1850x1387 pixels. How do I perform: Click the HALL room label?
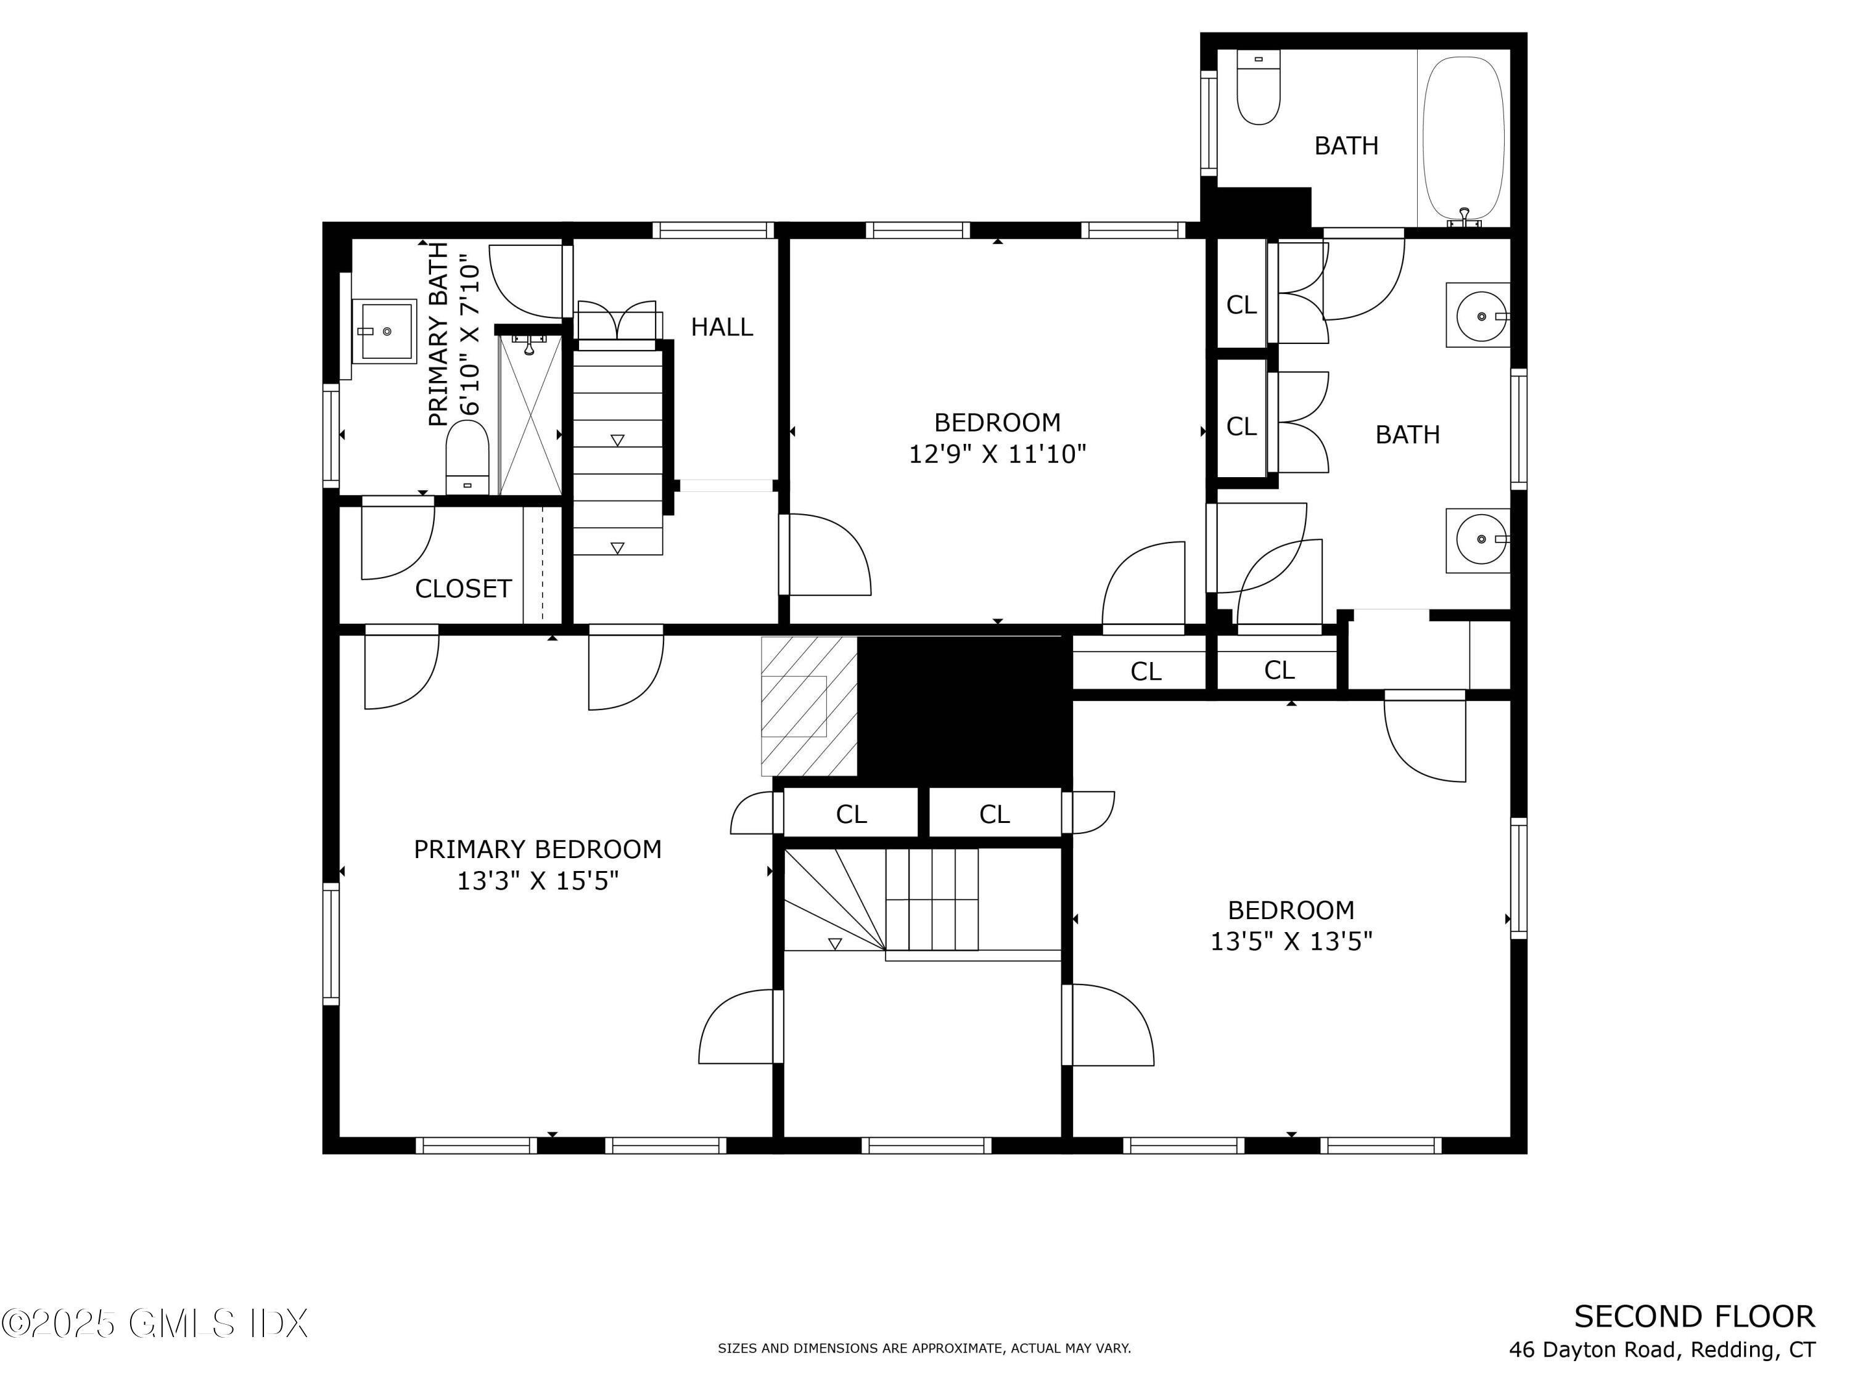point(721,327)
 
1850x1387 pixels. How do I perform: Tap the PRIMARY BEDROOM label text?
point(538,849)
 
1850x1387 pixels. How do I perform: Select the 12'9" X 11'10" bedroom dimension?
point(998,454)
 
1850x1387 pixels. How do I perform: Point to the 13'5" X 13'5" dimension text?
point(1291,941)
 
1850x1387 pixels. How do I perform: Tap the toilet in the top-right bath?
point(1258,87)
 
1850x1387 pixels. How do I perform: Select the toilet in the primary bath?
point(467,457)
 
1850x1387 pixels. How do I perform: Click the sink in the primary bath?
point(384,331)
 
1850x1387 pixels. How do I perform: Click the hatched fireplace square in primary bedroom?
point(808,706)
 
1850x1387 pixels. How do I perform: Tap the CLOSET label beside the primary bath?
point(463,589)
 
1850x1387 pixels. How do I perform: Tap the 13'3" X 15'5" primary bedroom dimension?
point(538,881)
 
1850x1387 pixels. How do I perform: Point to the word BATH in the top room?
point(1347,145)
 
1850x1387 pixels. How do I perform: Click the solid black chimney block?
point(965,711)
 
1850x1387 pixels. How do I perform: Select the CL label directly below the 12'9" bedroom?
point(1146,671)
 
